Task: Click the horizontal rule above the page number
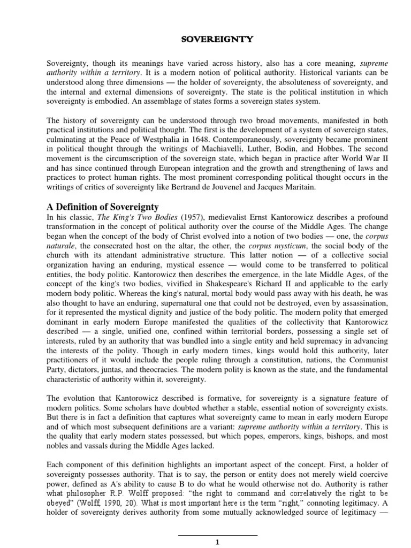pyautogui.click(x=217, y=535)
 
